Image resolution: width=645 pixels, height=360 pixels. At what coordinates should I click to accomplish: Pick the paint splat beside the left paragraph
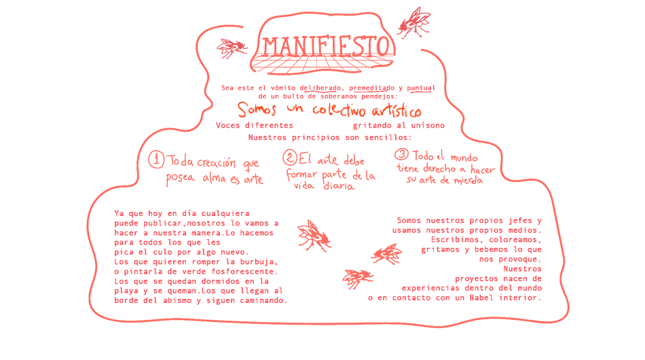click(314, 234)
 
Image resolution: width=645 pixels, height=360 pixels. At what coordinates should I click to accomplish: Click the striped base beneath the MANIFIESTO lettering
click(322, 66)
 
